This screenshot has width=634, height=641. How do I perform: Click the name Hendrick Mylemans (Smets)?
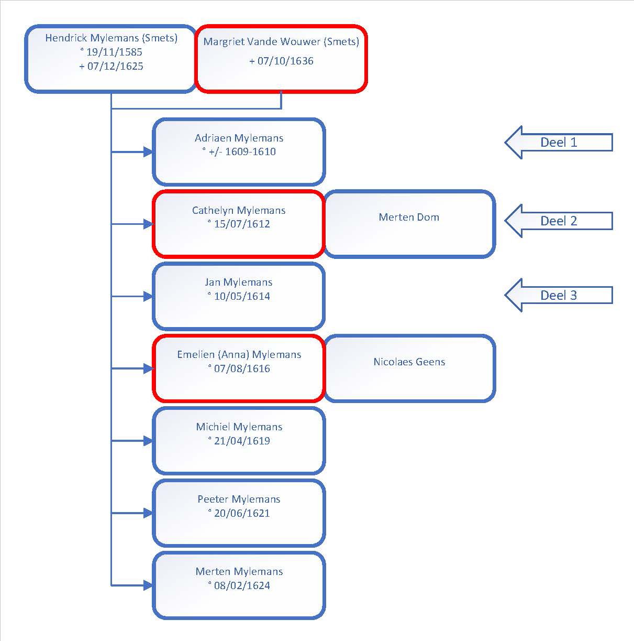(x=112, y=38)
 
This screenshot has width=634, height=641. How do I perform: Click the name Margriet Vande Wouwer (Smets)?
(x=281, y=41)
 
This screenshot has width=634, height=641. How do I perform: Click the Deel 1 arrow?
(x=559, y=143)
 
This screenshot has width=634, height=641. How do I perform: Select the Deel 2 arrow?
(x=559, y=221)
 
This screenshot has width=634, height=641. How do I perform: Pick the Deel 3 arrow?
(x=559, y=295)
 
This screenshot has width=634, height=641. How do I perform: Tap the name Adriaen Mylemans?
(x=239, y=138)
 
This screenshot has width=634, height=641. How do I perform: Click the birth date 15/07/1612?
(x=241, y=224)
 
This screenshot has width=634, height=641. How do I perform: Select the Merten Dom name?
(x=409, y=217)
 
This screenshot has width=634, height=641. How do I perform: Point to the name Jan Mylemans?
(x=239, y=283)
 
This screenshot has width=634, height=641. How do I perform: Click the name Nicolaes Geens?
(x=409, y=362)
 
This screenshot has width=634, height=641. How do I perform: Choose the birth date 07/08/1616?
(x=241, y=368)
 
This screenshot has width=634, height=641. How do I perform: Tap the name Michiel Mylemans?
(x=239, y=427)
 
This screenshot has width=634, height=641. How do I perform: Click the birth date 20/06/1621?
(x=241, y=513)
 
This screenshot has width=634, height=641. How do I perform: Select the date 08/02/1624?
(x=241, y=585)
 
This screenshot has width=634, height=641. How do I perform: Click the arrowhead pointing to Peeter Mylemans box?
(x=148, y=513)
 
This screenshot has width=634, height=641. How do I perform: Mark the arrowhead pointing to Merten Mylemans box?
(x=148, y=585)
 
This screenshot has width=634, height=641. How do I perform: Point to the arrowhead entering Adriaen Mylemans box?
(x=148, y=152)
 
